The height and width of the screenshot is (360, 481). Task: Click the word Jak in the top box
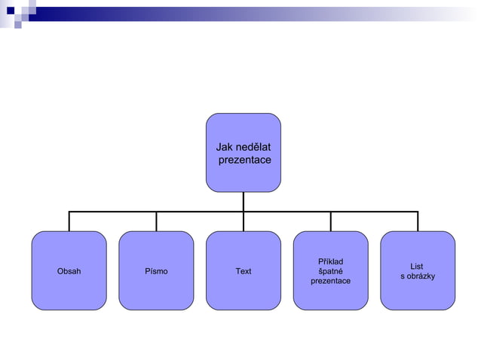(x=224, y=147)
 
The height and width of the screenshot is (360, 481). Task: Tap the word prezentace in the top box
(x=244, y=160)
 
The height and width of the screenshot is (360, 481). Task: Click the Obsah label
(x=69, y=271)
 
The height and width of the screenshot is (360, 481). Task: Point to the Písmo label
(x=156, y=271)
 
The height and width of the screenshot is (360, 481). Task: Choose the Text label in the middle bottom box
(x=244, y=271)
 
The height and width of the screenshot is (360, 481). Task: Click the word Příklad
(x=330, y=261)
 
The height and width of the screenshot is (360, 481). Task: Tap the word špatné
(x=330, y=271)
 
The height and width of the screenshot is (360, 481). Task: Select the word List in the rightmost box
(x=417, y=267)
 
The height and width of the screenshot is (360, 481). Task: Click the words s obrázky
(x=418, y=276)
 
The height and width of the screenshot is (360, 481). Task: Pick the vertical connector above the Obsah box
(x=69, y=221)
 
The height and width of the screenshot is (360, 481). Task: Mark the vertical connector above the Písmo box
(x=156, y=221)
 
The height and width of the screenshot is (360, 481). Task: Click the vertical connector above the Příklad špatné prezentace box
(x=330, y=221)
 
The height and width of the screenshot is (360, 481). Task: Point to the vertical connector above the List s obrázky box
(x=418, y=221)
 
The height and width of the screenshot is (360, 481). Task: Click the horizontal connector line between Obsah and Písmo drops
(x=113, y=212)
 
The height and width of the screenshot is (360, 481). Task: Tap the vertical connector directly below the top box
(x=244, y=201)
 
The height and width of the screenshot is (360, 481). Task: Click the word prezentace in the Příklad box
(x=330, y=281)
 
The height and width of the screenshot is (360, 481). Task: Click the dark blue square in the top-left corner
(x=11, y=11)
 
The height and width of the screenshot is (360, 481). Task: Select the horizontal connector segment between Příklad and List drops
(x=374, y=212)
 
